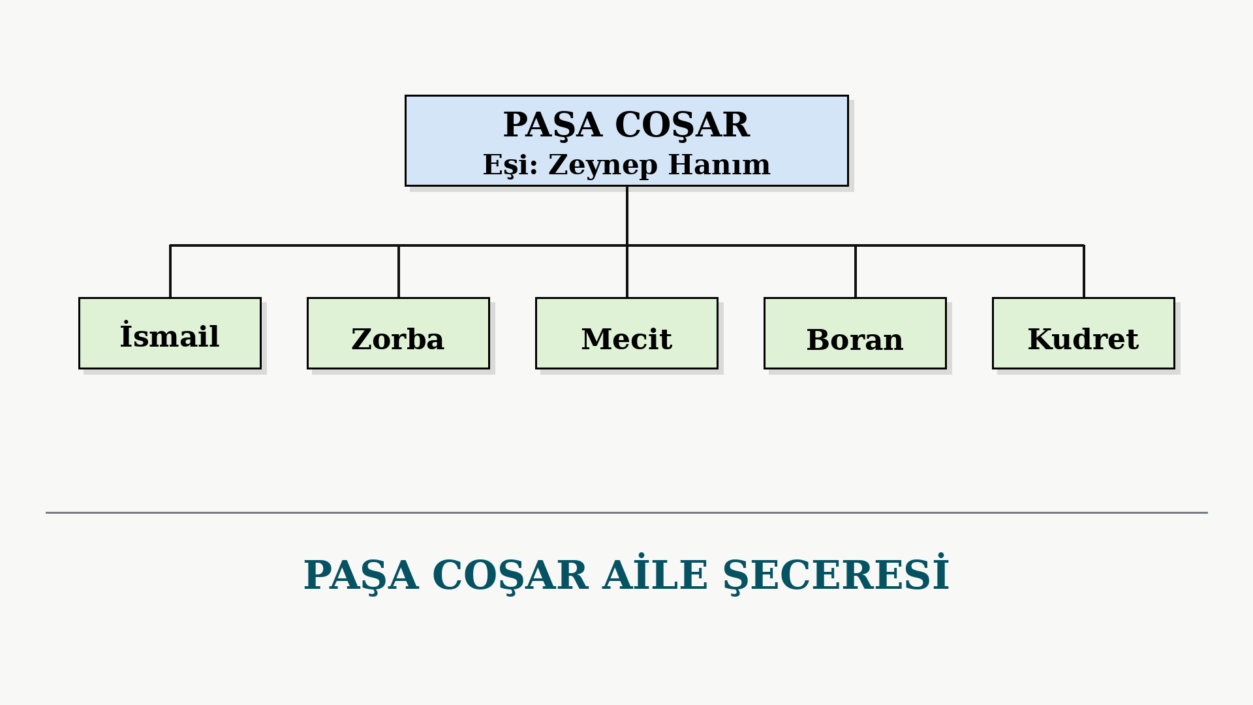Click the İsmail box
click(x=170, y=334)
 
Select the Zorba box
click(x=398, y=334)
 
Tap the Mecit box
click(x=626, y=334)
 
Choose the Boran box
click(x=855, y=334)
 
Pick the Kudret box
click(x=1083, y=334)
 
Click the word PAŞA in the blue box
click(x=552, y=125)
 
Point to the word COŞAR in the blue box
click(x=682, y=125)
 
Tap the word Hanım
click(x=719, y=164)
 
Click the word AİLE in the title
click(x=655, y=574)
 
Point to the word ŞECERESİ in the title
click(x=836, y=575)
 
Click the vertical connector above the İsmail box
click(x=170, y=272)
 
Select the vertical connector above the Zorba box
click(x=399, y=272)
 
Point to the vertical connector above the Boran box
click(x=856, y=272)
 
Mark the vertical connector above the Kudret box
click(x=1084, y=272)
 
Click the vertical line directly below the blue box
click(x=627, y=216)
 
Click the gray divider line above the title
click(x=626, y=512)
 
